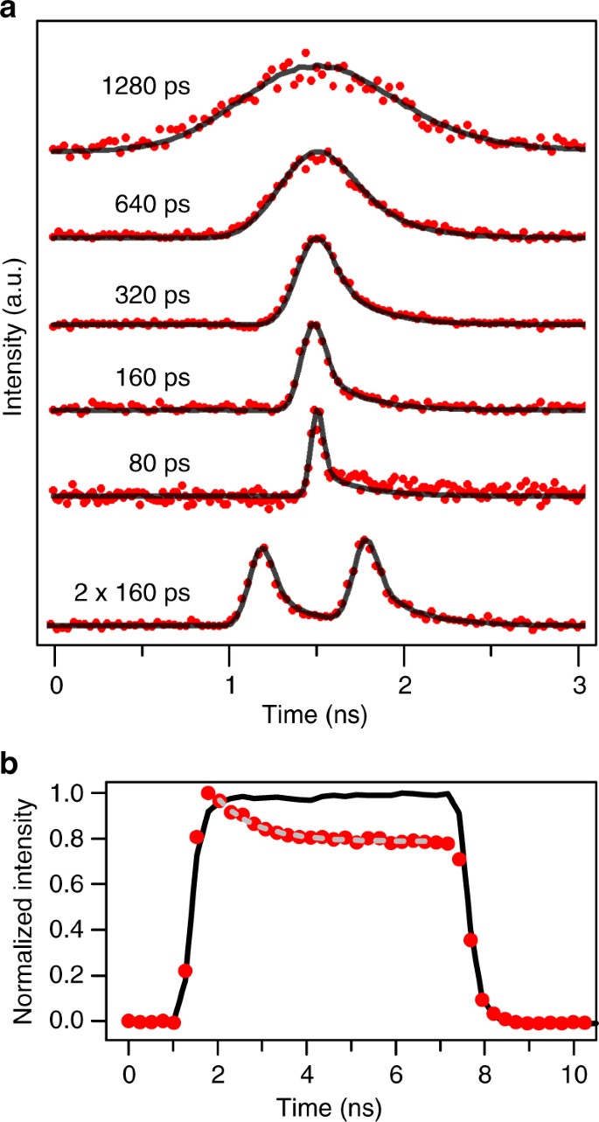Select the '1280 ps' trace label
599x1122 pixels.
139,87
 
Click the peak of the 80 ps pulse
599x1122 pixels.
317,415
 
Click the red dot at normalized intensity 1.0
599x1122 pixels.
208,793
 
